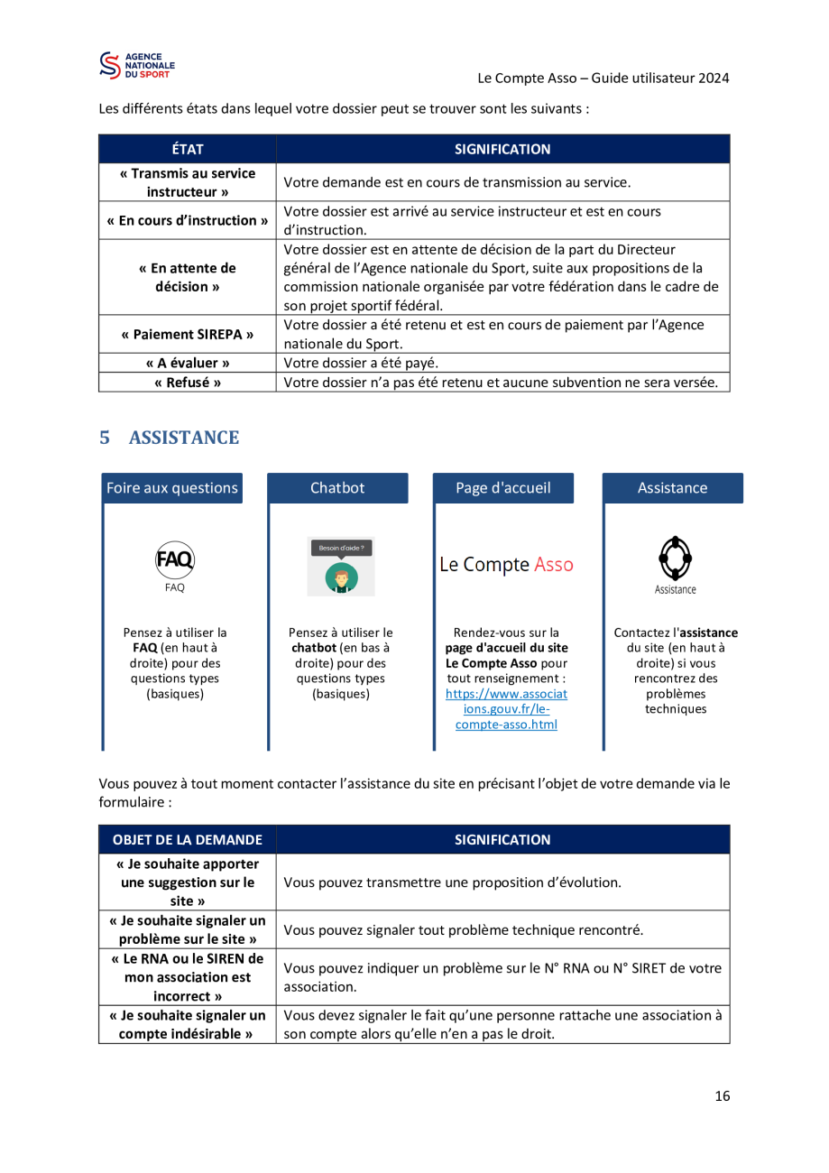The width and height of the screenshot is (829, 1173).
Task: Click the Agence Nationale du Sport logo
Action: coord(137,66)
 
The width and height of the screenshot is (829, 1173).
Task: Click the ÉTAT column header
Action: coord(188,149)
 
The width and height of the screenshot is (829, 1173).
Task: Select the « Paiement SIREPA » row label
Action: coord(188,334)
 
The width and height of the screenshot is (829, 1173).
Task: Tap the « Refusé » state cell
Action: coord(188,383)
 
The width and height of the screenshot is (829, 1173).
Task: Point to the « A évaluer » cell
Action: coord(188,363)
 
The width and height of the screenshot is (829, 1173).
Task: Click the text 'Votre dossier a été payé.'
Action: coord(361,363)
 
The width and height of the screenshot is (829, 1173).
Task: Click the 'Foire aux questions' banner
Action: coord(172,488)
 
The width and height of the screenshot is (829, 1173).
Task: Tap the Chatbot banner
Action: coord(337,488)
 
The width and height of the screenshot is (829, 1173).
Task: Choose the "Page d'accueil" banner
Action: coord(503,488)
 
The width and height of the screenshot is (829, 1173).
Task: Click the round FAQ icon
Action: coord(175,559)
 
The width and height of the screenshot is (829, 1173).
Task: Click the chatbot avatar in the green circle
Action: coord(341,578)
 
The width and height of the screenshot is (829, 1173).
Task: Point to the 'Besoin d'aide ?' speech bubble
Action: coord(341,549)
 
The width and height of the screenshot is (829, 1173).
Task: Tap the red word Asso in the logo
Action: coord(554,565)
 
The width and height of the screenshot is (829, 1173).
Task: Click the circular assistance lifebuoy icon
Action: coord(675,559)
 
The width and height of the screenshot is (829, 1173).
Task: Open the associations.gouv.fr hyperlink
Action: coord(506,709)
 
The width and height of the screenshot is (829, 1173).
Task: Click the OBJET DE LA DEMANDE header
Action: coord(188,840)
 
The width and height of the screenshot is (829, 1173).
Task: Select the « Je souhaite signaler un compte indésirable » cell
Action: coord(188,1025)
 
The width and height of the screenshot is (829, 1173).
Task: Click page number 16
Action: coord(723,1096)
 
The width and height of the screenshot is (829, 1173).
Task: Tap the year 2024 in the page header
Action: coord(714,78)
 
